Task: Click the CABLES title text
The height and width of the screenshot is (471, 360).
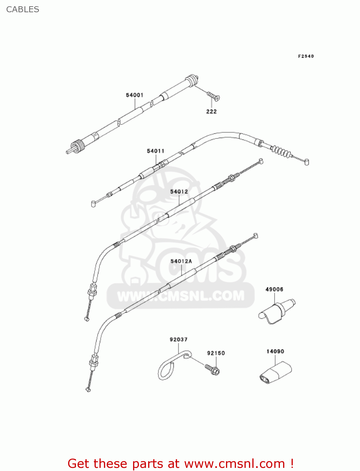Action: click(x=23, y=9)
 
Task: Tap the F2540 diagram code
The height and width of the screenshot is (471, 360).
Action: click(x=306, y=56)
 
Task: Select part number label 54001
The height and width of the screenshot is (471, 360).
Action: click(x=135, y=95)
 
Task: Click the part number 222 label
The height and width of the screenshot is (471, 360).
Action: click(x=211, y=111)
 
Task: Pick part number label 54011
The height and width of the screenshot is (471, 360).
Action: click(x=155, y=151)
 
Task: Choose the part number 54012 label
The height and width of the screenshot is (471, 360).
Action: click(x=179, y=192)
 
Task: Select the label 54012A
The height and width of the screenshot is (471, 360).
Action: click(x=181, y=261)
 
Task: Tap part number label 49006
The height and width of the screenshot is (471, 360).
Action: click(x=274, y=289)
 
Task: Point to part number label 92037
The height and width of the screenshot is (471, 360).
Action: click(x=179, y=339)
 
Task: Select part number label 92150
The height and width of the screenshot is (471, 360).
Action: click(x=216, y=353)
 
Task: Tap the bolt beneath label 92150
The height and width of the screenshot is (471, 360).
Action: click(x=213, y=369)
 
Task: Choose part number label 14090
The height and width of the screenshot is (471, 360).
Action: click(x=275, y=351)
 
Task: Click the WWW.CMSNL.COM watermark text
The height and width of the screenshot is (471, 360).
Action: click(x=181, y=296)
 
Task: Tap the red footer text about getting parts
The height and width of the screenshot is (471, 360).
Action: click(x=180, y=463)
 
